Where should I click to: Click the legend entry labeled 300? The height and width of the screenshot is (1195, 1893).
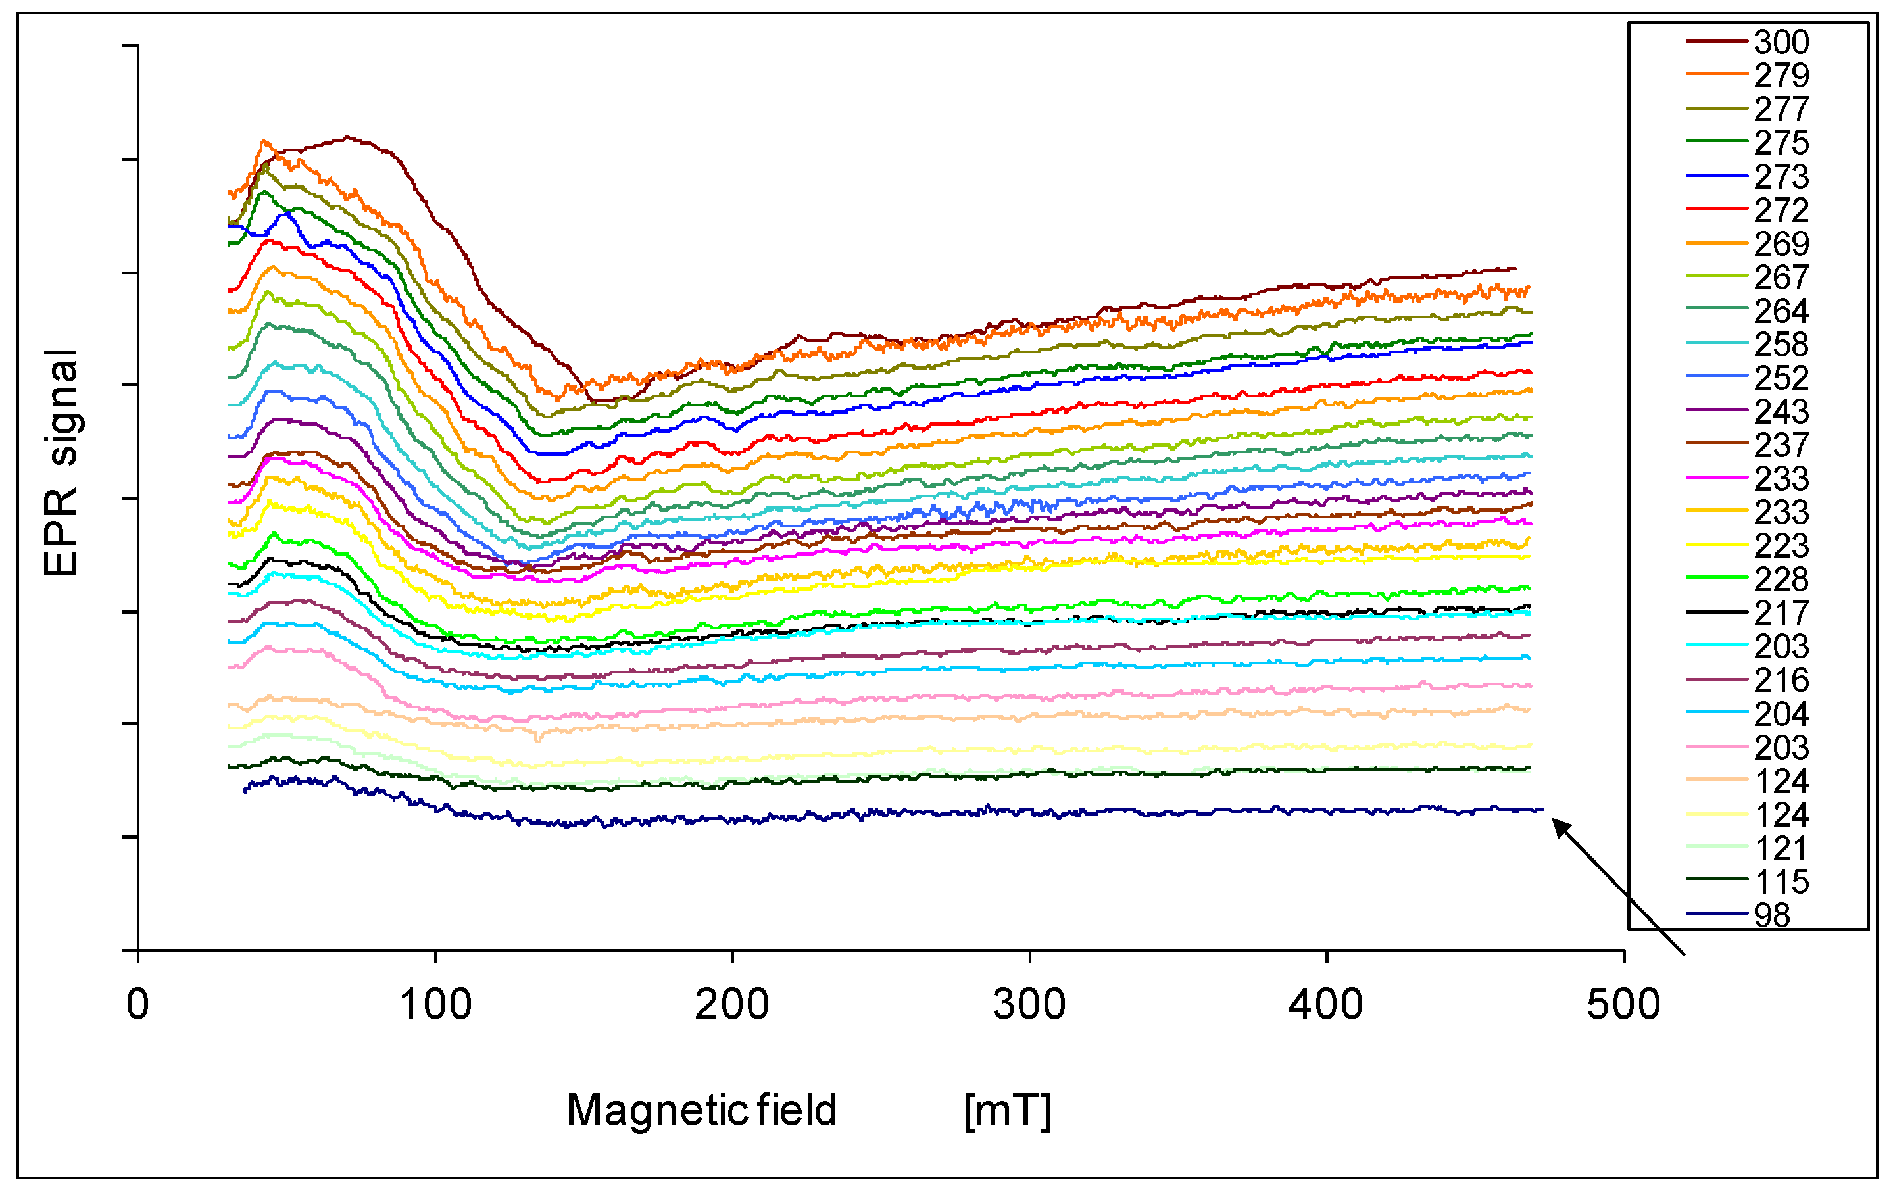1781,41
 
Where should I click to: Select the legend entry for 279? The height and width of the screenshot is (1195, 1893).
1781,76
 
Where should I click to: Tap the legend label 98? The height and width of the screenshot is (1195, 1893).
1772,915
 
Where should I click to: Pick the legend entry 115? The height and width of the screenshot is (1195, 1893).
1782,881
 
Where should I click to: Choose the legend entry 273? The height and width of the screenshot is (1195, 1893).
1781,176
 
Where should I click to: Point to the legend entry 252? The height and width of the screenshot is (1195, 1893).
1781,378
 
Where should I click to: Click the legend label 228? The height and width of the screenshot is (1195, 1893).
1781,579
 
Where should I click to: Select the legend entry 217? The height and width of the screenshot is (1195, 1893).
1781,613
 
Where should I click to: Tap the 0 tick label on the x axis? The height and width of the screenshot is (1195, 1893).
137,1005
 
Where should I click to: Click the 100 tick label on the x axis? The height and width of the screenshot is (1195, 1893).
435,1005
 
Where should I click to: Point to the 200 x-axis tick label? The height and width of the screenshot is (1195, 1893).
732,1005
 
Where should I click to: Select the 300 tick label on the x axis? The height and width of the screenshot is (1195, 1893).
1029,1005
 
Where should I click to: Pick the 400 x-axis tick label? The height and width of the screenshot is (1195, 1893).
1326,1005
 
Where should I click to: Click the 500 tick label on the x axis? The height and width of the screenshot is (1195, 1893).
1623,1005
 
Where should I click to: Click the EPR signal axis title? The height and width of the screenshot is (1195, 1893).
61,463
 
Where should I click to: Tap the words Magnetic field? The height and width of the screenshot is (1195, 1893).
701,1110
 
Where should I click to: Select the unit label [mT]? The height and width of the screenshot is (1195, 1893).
1007,1110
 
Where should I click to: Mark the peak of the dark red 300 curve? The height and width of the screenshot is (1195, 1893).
347,137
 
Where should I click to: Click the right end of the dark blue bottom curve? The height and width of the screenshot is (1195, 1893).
1542,809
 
